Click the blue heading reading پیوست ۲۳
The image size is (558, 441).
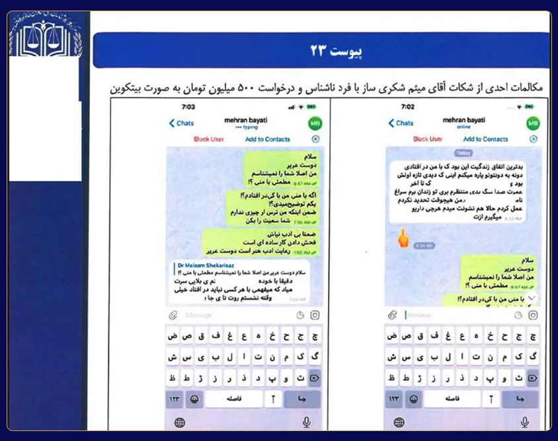321,51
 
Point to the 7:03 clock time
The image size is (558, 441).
188,106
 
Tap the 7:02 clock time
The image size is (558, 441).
408,106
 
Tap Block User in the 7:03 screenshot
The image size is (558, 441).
209,139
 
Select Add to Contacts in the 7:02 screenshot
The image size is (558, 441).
485,139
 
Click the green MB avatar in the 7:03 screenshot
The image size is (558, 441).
315,123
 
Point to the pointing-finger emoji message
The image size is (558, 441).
402,238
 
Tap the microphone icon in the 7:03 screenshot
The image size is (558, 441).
307,422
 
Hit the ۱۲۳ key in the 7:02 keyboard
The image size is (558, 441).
395,399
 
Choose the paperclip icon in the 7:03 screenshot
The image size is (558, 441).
173,316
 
